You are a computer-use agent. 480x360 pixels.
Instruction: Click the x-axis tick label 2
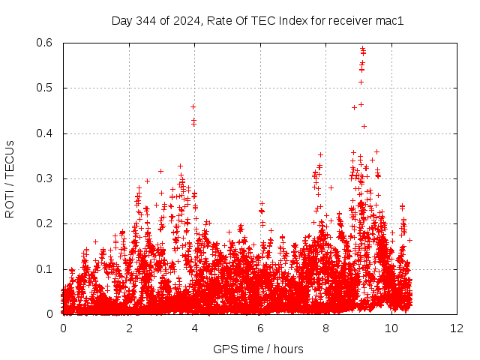pos(129,328)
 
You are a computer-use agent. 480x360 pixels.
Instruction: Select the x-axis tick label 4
pos(194,328)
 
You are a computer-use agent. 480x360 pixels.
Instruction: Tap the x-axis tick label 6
pos(260,328)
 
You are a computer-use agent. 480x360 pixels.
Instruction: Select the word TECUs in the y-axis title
pos(10,159)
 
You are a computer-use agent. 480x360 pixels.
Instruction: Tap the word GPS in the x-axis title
pos(223,349)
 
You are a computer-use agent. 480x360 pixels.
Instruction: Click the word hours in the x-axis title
pos(288,349)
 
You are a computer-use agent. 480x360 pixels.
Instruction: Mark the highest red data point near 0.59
pos(362,49)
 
